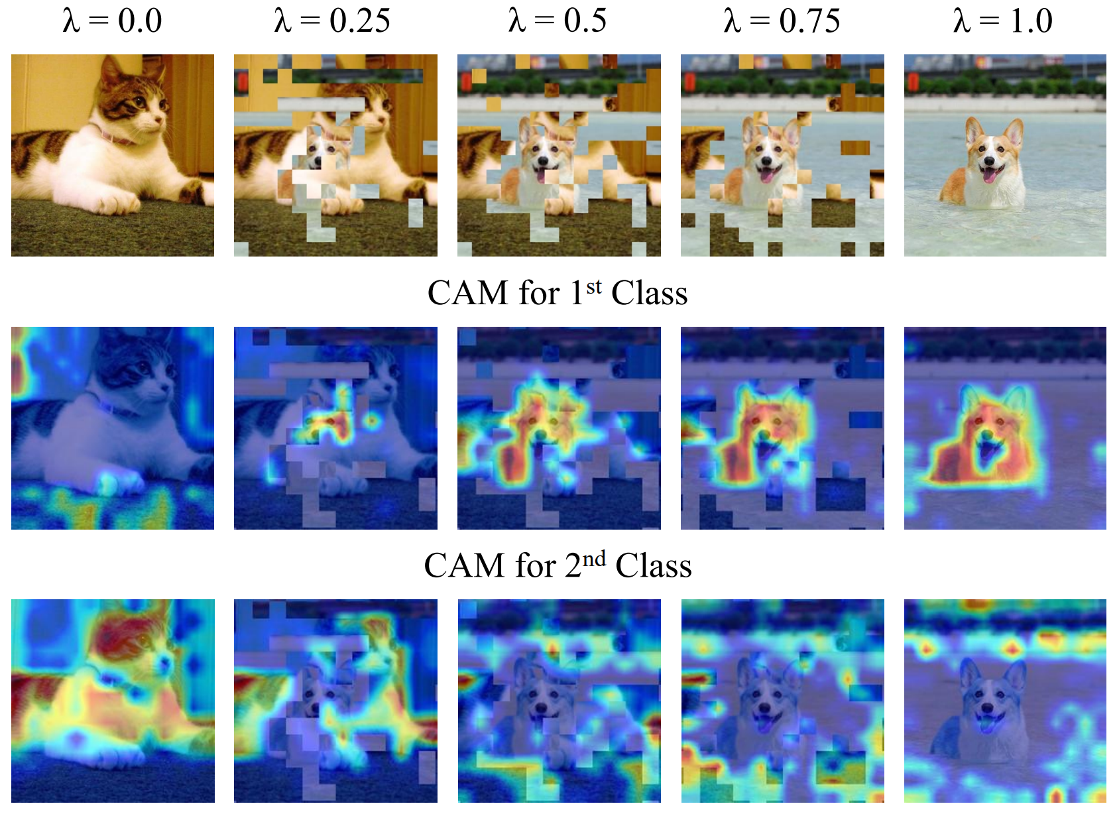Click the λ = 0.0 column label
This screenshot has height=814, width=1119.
(112, 21)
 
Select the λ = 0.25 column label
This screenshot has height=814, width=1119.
(332, 21)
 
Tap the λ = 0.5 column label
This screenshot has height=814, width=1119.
(558, 21)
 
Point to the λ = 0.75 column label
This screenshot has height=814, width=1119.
(782, 21)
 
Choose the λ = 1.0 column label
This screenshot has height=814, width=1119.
(1003, 21)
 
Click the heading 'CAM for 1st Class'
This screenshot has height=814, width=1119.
(558, 293)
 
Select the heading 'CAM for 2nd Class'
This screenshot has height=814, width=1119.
(558, 565)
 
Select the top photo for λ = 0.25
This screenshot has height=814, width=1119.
(335, 155)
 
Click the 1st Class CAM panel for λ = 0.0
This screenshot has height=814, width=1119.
(113, 428)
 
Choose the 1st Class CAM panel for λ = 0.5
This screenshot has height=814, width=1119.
(559, 428)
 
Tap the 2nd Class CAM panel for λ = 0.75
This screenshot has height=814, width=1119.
(782, 701)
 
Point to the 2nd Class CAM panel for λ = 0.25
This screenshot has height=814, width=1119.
(335, 701)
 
